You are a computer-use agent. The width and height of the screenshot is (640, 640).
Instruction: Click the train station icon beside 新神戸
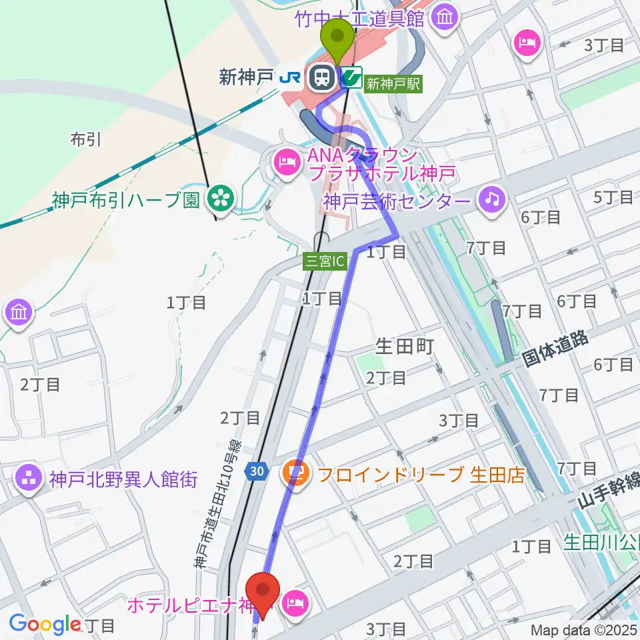(322, 78)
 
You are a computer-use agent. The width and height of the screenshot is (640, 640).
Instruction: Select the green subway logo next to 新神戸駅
(351, 78)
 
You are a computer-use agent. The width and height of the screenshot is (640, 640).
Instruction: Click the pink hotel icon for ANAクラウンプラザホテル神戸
(287, 161)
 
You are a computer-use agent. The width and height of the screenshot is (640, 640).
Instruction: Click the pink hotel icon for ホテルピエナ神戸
(294, 605)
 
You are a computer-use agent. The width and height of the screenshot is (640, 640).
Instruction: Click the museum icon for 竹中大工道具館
(443, 18)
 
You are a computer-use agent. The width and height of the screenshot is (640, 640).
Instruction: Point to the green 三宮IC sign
(325, 261)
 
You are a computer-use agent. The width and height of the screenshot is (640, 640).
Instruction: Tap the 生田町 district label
(405, 346)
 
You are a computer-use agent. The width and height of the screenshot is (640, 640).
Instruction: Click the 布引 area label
(85, 139)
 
